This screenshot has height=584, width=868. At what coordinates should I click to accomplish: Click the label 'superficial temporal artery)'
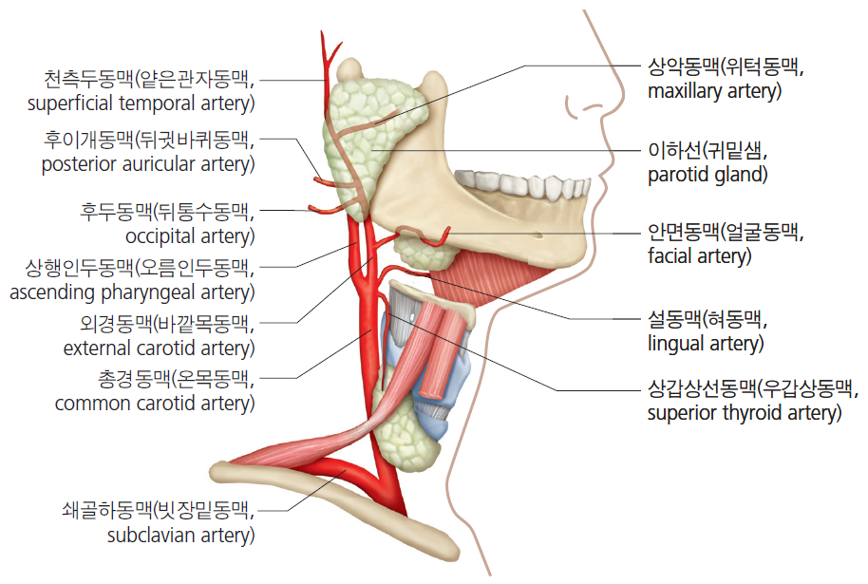(x=142, y=104)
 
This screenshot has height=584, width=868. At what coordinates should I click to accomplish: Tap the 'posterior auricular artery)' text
(x=148, y=164)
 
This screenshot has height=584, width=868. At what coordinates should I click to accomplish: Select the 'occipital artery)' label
(x=190, y=236)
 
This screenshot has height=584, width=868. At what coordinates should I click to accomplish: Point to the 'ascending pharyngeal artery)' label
(x=132, y=292)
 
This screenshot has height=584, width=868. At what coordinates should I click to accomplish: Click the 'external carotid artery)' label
(x=159, y=349)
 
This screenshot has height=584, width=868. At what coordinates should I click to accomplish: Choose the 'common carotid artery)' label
(x=155, y=404)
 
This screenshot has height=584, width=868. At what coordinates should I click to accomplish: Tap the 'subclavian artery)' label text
(x=180, y=536)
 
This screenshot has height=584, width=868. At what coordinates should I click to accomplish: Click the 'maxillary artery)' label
(x=715, y=91)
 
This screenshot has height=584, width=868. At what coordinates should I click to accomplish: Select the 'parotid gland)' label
(x=708, y=175)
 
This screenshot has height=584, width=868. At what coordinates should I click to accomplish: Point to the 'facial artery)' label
(x=700, y=256)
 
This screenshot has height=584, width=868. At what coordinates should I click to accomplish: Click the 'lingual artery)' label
(x=706, y=344)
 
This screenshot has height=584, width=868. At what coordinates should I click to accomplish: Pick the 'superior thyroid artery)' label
(x=745, y=413)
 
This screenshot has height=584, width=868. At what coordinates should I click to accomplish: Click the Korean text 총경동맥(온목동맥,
(x=176, y=379)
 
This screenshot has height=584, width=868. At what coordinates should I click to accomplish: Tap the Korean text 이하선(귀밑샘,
(x=708, y=151)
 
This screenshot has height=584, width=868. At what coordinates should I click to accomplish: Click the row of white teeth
(x=522, y=184)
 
